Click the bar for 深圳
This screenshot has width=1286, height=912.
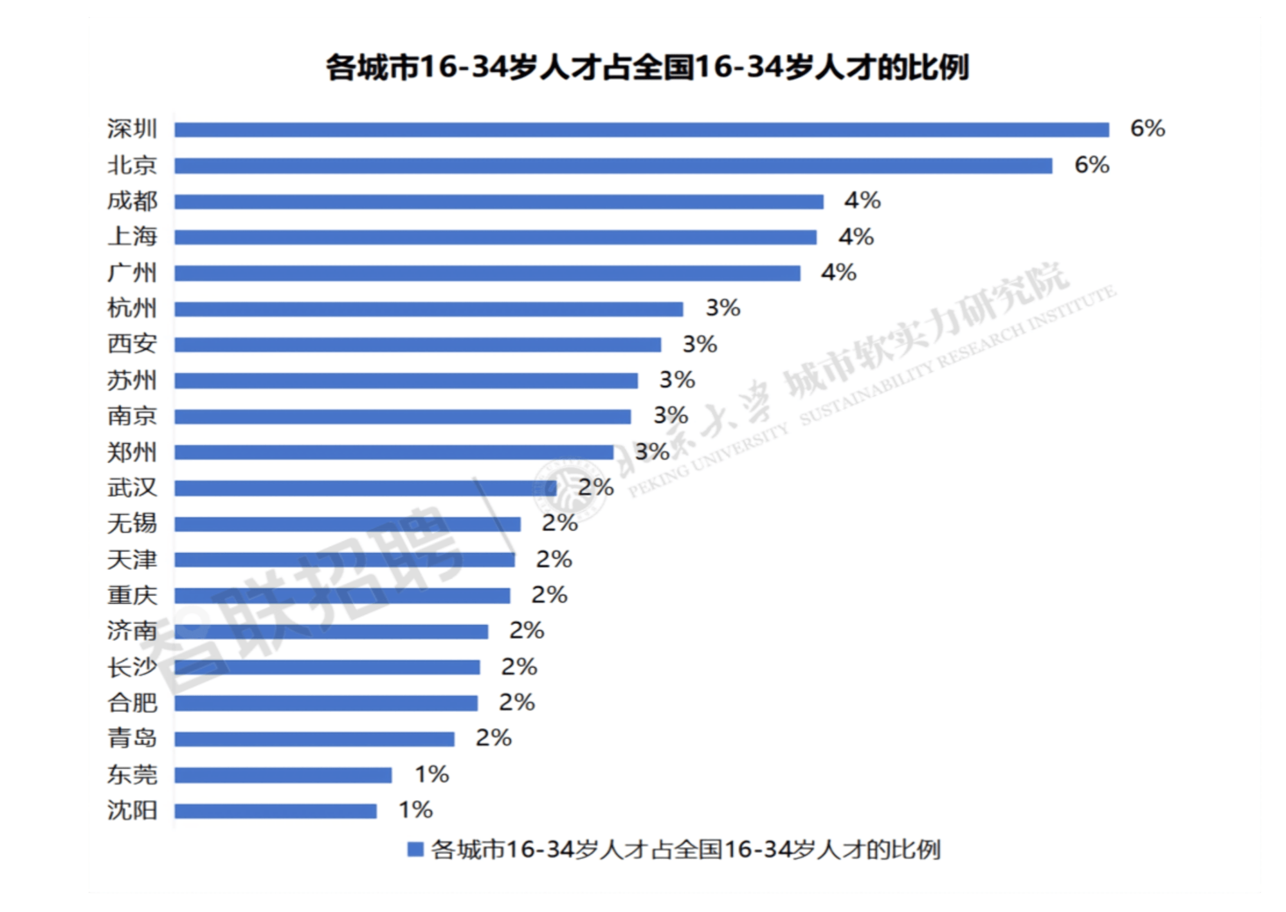[x=642, y=130]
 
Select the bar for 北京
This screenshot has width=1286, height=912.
[x=613, y=166]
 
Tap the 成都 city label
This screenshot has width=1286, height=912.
[x=132, y=201]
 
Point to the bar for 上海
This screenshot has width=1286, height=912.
[x=495, y=237]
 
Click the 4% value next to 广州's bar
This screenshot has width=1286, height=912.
[x=838, y=273]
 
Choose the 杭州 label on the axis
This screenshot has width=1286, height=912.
[x=132, y=309]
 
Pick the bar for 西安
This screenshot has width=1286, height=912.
[x=418, y=345]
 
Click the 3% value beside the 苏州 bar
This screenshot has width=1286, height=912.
[x=677, y=380]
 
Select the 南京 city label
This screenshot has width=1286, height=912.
[x=132, y=416]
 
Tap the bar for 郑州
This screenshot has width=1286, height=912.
[x=394, y=452]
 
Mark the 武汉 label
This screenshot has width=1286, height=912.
[x=132, y=488]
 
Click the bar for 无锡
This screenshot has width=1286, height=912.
[x=347, y=524]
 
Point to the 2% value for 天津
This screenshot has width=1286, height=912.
[x=554, y=560]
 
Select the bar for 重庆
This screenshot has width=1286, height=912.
[x=342, y=596]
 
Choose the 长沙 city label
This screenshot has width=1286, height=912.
[x=132, y=667]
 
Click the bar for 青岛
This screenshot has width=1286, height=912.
[x=314, y=739]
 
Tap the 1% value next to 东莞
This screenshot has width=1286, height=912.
[x=431, y=774]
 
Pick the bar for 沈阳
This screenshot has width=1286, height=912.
[x=276, y=811]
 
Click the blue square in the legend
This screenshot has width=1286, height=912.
[x=415, y=850]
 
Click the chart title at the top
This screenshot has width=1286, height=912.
[x=647, y=68]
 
